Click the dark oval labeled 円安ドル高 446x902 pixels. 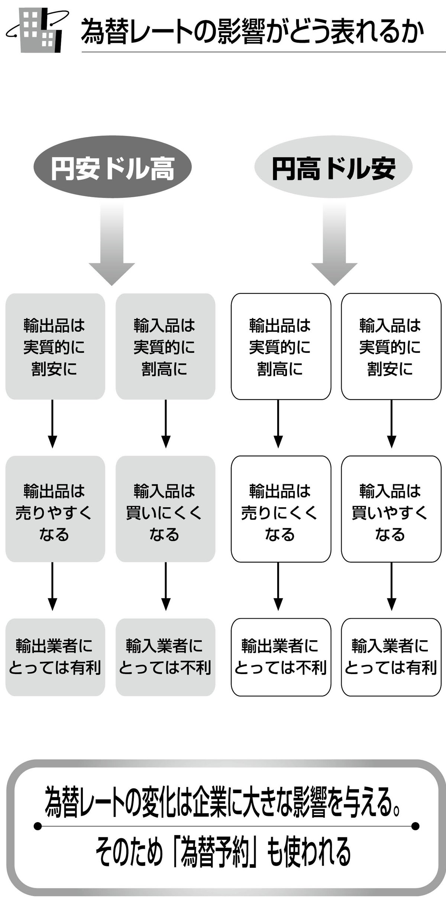[x=113, y=168]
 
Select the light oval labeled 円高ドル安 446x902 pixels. [x=333, y=168]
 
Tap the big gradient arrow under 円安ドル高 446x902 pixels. [x=111, y=245]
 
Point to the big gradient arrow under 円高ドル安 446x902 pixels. [x=334, y=245]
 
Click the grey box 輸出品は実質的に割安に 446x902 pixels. [x=55, y=346]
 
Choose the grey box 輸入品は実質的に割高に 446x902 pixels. [x=165, y=346]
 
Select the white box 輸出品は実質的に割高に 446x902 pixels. [x=281, y=346]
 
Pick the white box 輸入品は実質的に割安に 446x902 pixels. [x=391, y=346]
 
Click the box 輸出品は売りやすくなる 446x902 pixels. [x=55, y=509]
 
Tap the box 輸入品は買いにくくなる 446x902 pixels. [x=165, y=509]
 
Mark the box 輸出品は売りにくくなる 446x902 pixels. [x=281, y=509]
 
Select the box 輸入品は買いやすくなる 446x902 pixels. [x=391, y=509]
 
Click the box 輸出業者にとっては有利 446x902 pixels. [x=55, y=657]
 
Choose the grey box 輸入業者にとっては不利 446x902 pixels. [x=165, y=657]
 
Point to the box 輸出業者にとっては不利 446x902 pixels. [x=281, y=657]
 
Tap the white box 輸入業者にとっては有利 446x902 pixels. [x=391, y=657]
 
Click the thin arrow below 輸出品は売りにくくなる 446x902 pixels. [x=278, y=586]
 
